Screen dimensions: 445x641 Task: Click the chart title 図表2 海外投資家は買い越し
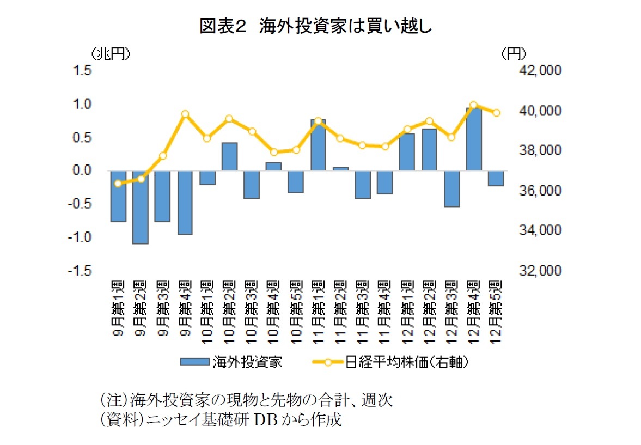[x=316, y=26]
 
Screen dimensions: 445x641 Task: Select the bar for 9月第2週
[x=141, y=207]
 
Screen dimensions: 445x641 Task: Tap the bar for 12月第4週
[x=474, y=139]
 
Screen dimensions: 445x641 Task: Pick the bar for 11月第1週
[x=318, y=145]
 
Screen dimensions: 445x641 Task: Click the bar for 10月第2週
[x=229, y=156]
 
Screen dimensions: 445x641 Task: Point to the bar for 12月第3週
[x=451, y=188]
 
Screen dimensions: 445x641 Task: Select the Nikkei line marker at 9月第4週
[x=185, y=114]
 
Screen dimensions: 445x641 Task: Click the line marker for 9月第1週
[x=118, y=184]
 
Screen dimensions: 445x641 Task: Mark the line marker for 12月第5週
[x=496, y=113]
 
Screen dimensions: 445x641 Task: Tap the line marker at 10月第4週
[x=274, y=152]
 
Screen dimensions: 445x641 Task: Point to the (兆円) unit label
[x=111, y=53]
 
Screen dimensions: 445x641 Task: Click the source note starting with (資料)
[x=221, y=421]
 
